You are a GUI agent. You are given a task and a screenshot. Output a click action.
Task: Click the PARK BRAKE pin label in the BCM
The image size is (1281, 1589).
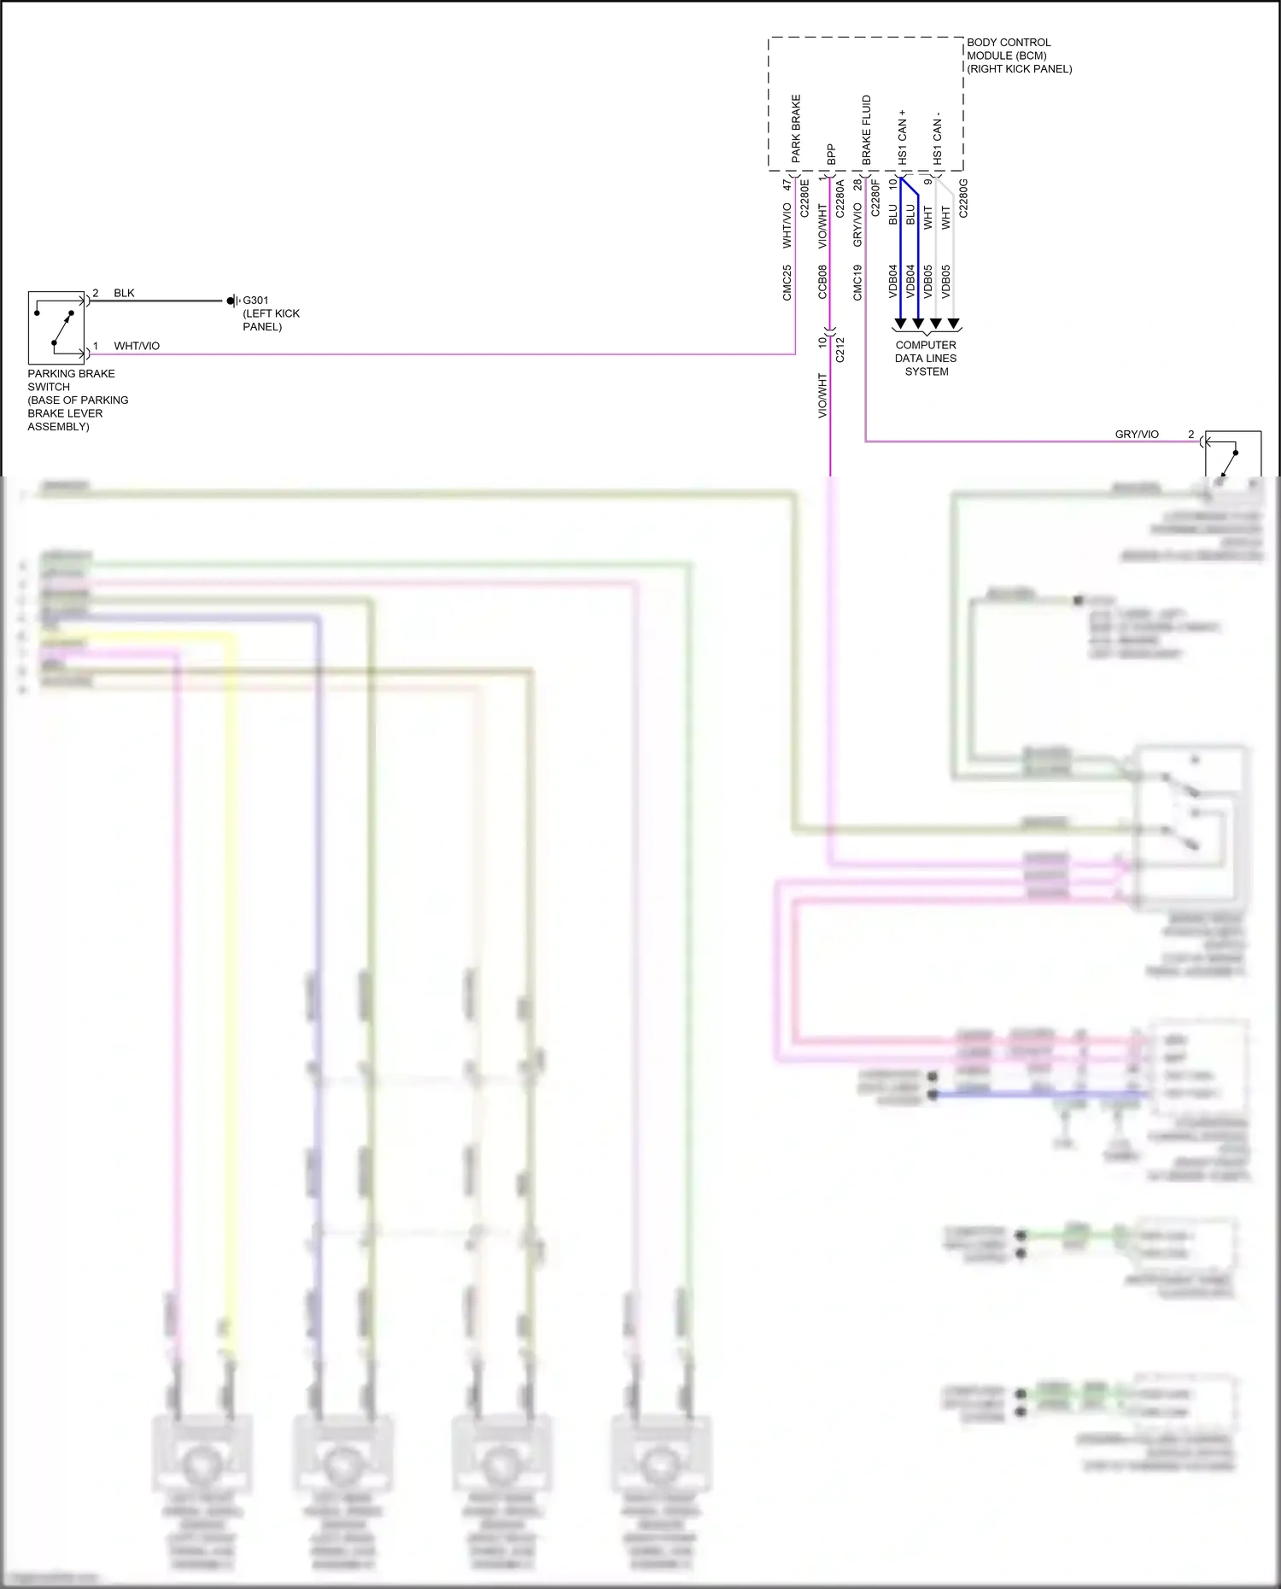tap(796, 129)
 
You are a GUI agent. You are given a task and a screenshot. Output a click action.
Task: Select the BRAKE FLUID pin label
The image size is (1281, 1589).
tap(867, 130)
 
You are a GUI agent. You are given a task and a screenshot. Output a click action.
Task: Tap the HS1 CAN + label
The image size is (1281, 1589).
tap(902, 137)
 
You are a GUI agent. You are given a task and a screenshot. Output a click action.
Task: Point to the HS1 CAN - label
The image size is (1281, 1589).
tap(937, 137)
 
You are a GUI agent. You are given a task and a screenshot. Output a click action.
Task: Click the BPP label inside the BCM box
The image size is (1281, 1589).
tap(831, 155)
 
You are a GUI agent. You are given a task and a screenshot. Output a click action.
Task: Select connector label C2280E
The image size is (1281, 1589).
tap(804, 198)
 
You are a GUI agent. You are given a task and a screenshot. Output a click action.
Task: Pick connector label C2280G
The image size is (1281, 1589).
tap(963, 198)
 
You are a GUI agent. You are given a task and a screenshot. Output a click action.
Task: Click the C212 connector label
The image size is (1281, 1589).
tap(839, 349)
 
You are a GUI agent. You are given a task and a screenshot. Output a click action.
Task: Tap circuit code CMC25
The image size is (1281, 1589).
tap(787, 283)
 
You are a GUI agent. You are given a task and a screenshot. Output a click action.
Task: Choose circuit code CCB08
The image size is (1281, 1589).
tap(822, 283)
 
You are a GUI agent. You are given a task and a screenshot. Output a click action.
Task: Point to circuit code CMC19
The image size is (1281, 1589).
tap(857, 283)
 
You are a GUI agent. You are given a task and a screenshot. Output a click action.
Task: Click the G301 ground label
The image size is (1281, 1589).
tap(256, 301)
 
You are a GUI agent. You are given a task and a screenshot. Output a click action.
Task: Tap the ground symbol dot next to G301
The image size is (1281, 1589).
tap(231, 301)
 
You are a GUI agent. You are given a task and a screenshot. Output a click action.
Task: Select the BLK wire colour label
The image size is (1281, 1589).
tap(124, 293)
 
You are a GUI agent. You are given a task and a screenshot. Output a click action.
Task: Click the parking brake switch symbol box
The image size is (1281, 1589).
tap(56, 328)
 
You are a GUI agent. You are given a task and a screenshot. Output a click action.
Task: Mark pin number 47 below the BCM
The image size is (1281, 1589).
tap(787, 184)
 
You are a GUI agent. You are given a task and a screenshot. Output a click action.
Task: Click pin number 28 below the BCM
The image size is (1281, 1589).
tap(857, 184)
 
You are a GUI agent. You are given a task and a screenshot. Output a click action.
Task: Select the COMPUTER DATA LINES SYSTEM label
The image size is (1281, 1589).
tap(926, 359)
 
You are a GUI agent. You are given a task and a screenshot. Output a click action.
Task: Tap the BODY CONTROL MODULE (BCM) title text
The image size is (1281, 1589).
tap(1018, 55)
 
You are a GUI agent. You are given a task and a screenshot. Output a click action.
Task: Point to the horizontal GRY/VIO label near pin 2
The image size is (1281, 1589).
tap(1137, 435)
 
